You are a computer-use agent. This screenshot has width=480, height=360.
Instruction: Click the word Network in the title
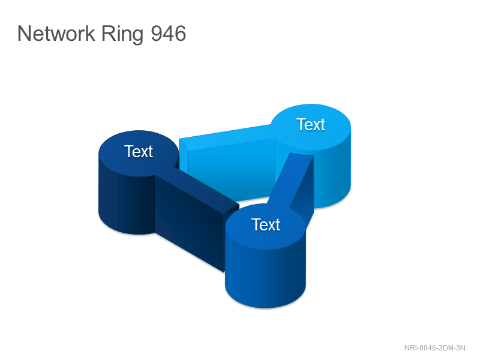[x=56, y=34]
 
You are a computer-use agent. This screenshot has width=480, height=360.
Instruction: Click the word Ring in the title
[x=122, y=34]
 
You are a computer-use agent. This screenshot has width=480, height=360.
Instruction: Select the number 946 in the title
[x=169, y=34]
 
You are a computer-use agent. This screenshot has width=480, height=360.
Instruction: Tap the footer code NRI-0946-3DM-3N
[x=434, y=348]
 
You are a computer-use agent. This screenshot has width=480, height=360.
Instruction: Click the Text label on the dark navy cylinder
[x=139, y=151]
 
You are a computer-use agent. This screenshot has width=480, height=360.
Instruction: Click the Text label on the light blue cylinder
[x=311, y=124]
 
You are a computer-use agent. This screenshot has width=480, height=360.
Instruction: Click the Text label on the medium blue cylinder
[x=266, y=224]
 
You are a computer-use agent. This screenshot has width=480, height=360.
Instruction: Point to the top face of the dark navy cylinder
[x=139, y=153]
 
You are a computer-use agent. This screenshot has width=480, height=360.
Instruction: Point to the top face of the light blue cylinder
[x=311, y=127]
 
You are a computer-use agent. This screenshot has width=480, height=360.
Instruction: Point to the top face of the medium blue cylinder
[x=265, y=227]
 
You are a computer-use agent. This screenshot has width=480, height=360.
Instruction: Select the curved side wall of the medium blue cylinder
[x=265, y=275]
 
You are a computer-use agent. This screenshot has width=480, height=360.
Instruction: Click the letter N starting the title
[x=25, y=34]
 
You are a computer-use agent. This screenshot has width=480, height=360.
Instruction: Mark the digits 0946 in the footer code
[x=428, y=348]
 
